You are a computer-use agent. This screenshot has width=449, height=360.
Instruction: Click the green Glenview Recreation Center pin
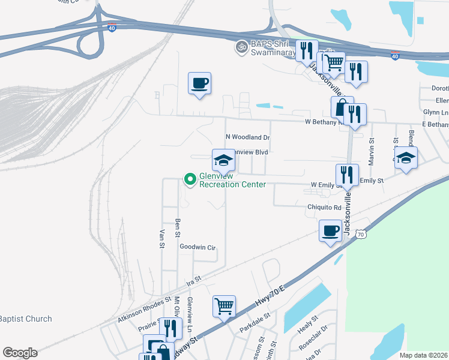point(190,179)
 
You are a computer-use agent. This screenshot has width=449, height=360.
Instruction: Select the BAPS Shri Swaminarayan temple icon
point(241,46)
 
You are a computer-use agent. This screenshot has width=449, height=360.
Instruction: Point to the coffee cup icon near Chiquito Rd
point(331,231)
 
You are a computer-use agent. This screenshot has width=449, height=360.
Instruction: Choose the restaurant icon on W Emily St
point(347,175)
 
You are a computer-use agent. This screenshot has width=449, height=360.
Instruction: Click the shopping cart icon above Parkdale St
point(224,306)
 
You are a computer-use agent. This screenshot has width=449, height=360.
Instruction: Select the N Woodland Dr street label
point(248,137)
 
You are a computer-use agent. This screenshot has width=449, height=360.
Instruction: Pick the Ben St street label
point(178,227)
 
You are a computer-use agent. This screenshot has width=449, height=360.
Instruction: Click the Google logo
point(20,353)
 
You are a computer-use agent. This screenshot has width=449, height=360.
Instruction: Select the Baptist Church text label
point(26,319)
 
